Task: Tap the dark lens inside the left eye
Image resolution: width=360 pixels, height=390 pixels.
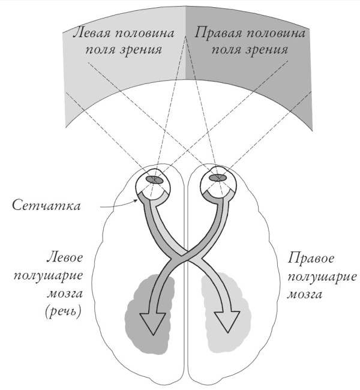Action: pyautogui.click(x=157, y=179)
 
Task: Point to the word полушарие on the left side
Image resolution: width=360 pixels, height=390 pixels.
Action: pyautogui.click(x=64, y=277)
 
